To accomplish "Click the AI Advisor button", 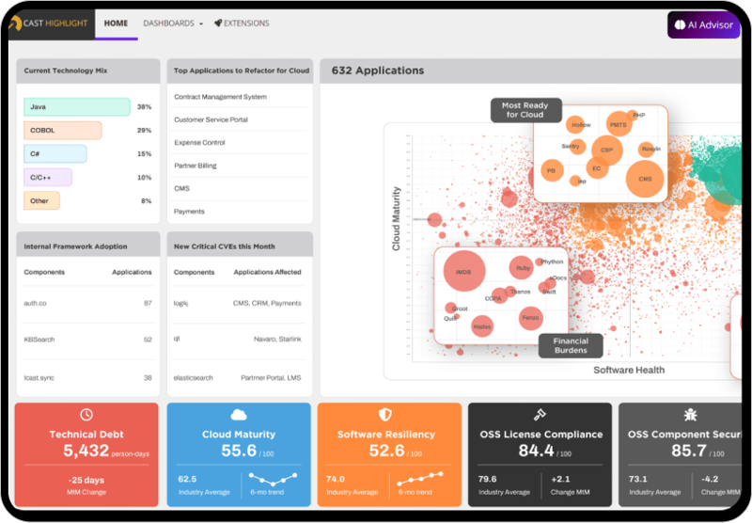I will (703, 25).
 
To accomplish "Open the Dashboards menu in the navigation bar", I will (173, 23).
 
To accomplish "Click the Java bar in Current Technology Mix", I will (77, 107).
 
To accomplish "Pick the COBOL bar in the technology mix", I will (63, 131).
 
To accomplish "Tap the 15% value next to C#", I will (144, 154).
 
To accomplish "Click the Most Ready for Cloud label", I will (525, 110).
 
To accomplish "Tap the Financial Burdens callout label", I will (571, 346).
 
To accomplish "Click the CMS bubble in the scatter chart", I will (644, 178).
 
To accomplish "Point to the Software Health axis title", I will (629, 371).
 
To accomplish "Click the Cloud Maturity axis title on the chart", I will (397, 218).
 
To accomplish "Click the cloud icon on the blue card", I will (239, 415).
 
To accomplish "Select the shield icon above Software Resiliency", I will (385, 415).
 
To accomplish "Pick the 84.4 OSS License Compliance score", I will (536, 452).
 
